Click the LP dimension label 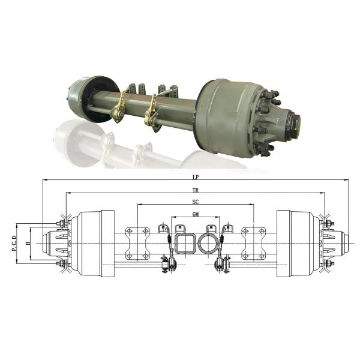pyautogui.click(x=196, y=178)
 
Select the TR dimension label pyautogui.click(x=196, y=190)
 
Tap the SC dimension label pyautogui.click(x=196, y=202)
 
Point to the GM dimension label pyautogui.click(x=196, y=214)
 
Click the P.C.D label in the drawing pyautogui.click(x=14, y=243)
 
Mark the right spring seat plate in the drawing pyautogui.click(x=253, y=243)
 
